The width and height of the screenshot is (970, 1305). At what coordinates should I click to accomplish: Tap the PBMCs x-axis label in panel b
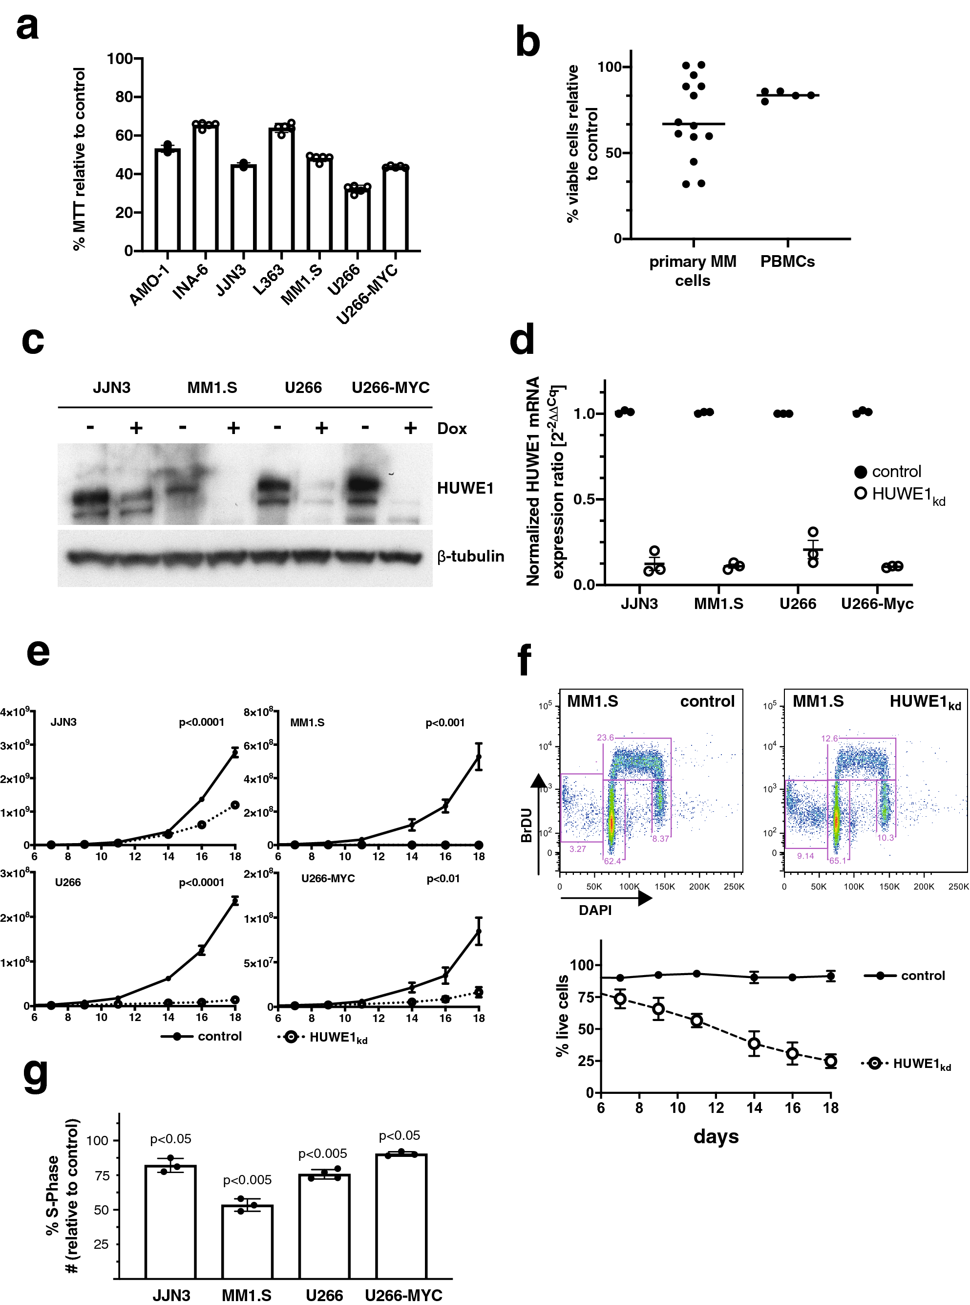point(787,261)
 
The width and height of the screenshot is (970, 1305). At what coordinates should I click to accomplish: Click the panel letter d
point(522,340)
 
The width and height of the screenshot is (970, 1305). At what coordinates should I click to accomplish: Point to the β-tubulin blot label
point(470,556)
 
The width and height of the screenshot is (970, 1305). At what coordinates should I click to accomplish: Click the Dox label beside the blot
point(451,428)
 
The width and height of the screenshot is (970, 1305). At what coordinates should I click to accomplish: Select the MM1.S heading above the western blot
point(212,388)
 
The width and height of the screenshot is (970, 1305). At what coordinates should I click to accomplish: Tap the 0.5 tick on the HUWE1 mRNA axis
point(584,500)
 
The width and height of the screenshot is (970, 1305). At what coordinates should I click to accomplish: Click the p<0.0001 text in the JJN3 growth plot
point(201,722)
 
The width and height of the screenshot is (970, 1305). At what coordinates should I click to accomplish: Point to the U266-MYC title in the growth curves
point(328,878)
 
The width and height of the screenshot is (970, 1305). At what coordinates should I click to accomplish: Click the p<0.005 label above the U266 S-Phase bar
point(322,1153)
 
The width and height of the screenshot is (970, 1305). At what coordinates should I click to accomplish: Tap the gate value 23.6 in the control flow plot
point(605,738)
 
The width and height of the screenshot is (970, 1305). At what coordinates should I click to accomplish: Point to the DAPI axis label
point(595,910)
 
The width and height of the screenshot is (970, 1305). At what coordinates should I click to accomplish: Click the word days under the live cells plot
point(716,1136)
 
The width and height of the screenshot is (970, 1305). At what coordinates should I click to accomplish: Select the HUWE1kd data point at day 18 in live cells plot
point(830,1061)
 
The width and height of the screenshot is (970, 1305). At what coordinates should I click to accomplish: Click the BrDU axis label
point(527,825)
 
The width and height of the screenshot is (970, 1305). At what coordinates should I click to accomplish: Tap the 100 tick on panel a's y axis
point(120,59)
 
